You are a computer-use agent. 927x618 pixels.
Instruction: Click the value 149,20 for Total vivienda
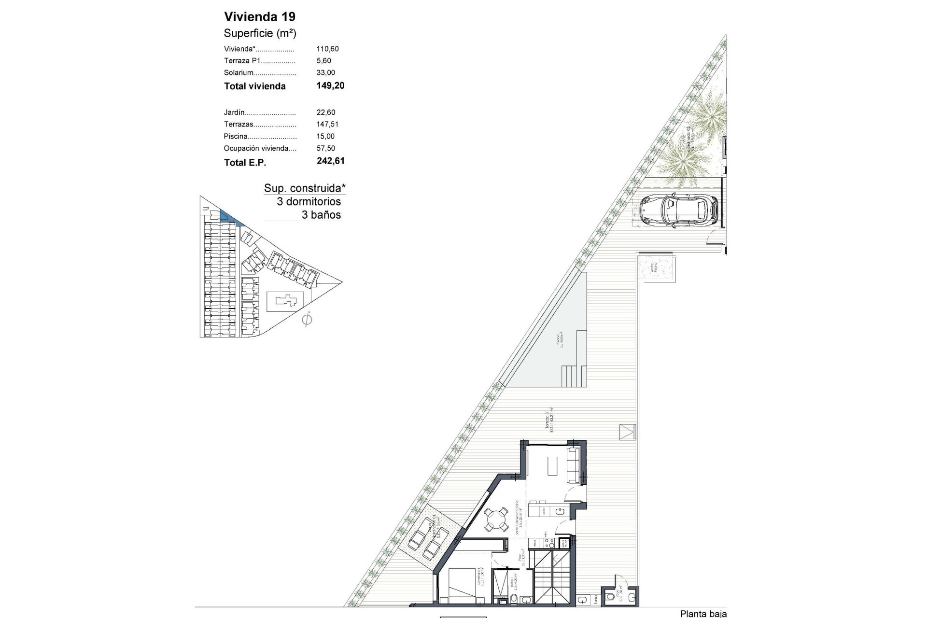pos(330,86)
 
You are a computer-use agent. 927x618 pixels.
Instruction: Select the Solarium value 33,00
pos(326,73)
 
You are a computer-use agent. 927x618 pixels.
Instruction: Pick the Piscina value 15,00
pos(326,137)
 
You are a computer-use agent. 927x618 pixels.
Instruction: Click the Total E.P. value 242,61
pos(331,161)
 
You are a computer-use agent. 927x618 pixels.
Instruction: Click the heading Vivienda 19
pos(260,17)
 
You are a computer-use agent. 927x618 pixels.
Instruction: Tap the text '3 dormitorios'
pos(309,202)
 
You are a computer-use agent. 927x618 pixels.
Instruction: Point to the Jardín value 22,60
pos(326,112)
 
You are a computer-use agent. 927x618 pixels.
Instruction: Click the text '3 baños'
pos(321,215)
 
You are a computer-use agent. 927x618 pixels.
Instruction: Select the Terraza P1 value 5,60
pos(324,61)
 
